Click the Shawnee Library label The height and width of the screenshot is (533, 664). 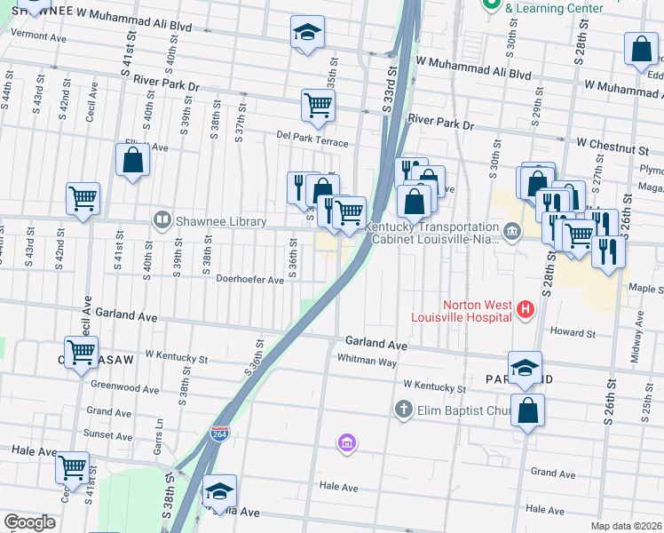(x=222, y=221)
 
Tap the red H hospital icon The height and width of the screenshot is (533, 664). (x=526, y=310)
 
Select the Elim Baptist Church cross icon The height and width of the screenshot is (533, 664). (x=403, y=410)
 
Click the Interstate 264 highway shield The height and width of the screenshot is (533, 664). (x=219, y=434)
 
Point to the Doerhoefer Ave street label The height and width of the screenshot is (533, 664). (x=249, y=279)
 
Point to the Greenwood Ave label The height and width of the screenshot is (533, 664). (x=124, y=388)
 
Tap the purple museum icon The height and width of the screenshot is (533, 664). (x=347, y=442)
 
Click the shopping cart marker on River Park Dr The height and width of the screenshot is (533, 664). (x=318, y=105)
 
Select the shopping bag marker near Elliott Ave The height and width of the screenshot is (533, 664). (x=132, y=161)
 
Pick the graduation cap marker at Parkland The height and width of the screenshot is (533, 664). (x=525, y=367)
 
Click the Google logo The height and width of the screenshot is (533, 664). (x=29, y=522)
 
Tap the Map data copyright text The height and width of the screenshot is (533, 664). (x=627, y=526)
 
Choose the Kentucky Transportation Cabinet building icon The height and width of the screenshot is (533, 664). (x=511, y=233)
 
